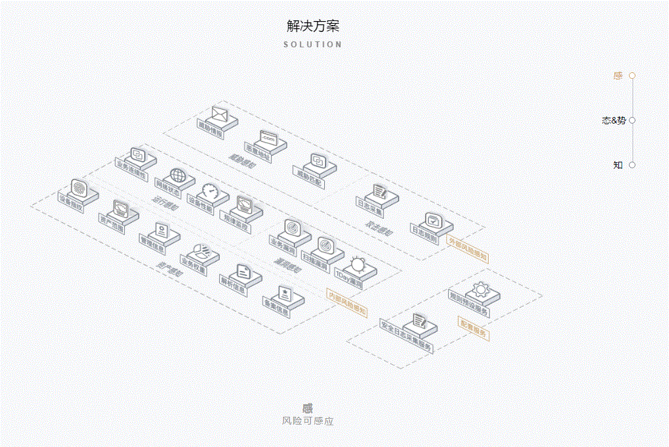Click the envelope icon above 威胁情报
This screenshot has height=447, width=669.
[219, 116]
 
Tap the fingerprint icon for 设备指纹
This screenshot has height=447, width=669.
[79, 187]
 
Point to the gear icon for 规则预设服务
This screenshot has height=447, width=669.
[480, 289]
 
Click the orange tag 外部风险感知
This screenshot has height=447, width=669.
[468, 248]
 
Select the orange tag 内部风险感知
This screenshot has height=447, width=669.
[347, 301]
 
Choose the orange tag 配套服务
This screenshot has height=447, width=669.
[473, 327]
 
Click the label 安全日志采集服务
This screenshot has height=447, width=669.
[407, 336]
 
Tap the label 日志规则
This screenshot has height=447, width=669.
[424, 235]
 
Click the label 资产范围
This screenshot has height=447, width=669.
[112, 223]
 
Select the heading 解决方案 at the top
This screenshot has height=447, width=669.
[313, 26]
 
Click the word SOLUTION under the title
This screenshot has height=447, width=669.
[313, 45]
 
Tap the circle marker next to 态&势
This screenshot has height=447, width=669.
[632, 120]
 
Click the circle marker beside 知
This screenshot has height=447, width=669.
[632, 165]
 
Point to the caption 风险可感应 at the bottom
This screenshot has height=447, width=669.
[308, 421]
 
